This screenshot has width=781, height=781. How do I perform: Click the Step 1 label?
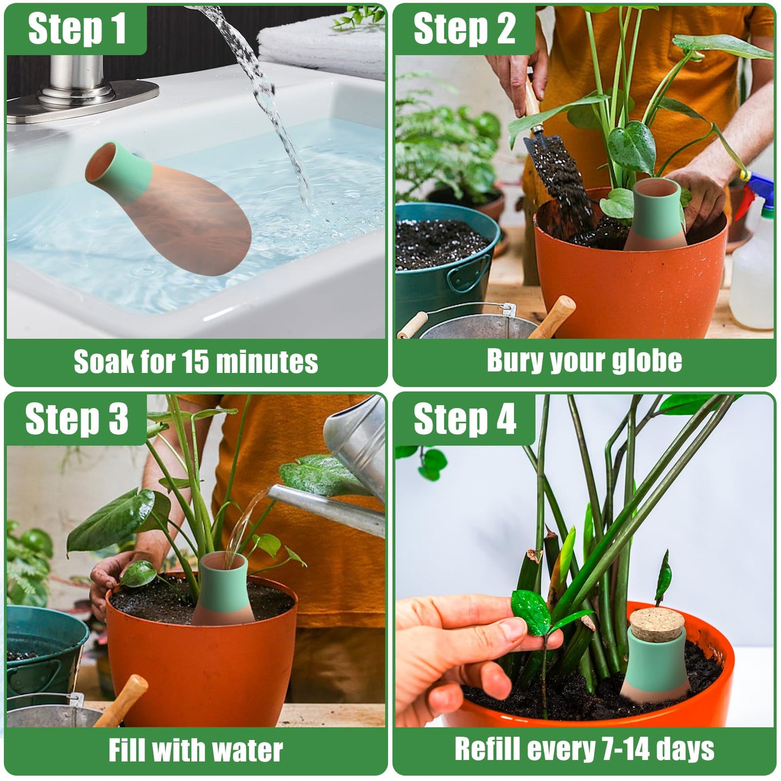point(77,29)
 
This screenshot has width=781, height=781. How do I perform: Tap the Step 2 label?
point(464,29)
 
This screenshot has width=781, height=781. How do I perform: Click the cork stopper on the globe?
point(657,624)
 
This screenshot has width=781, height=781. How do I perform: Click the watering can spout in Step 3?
point(324,505)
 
